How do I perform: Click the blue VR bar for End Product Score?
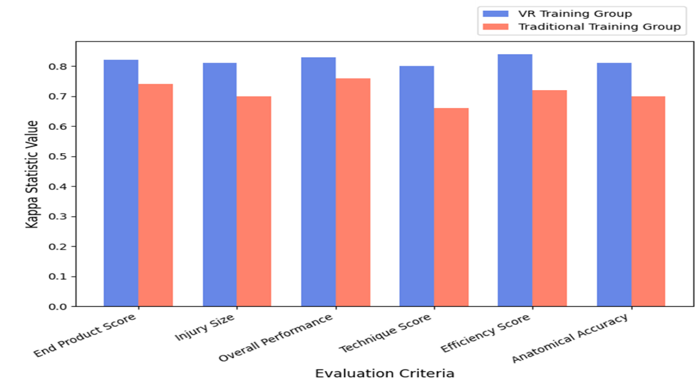(121, 183)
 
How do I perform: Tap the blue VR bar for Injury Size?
(219, 185)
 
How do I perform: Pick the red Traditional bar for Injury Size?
(254, 201)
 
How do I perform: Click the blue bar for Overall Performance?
(318, 182)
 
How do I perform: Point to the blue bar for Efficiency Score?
(515, 180)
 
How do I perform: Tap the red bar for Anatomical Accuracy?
(648, 201)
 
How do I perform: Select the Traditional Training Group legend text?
(599, 26)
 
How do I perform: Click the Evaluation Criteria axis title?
(384, 373)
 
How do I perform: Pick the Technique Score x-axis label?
(386, 333)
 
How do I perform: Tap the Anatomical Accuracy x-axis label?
(572, 338)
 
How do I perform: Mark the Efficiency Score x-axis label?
(486, 333)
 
